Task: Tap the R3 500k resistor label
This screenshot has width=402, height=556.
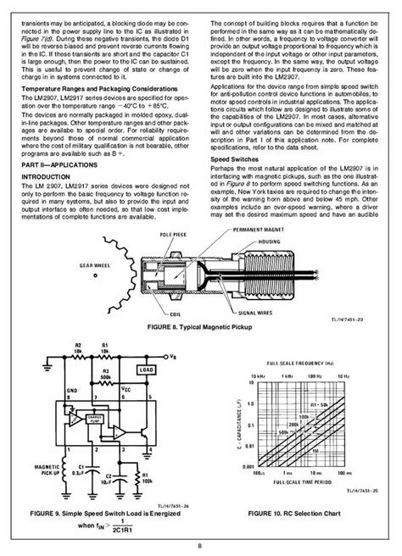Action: pos(105,375)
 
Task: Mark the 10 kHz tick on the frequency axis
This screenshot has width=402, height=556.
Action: pos(249,375)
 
